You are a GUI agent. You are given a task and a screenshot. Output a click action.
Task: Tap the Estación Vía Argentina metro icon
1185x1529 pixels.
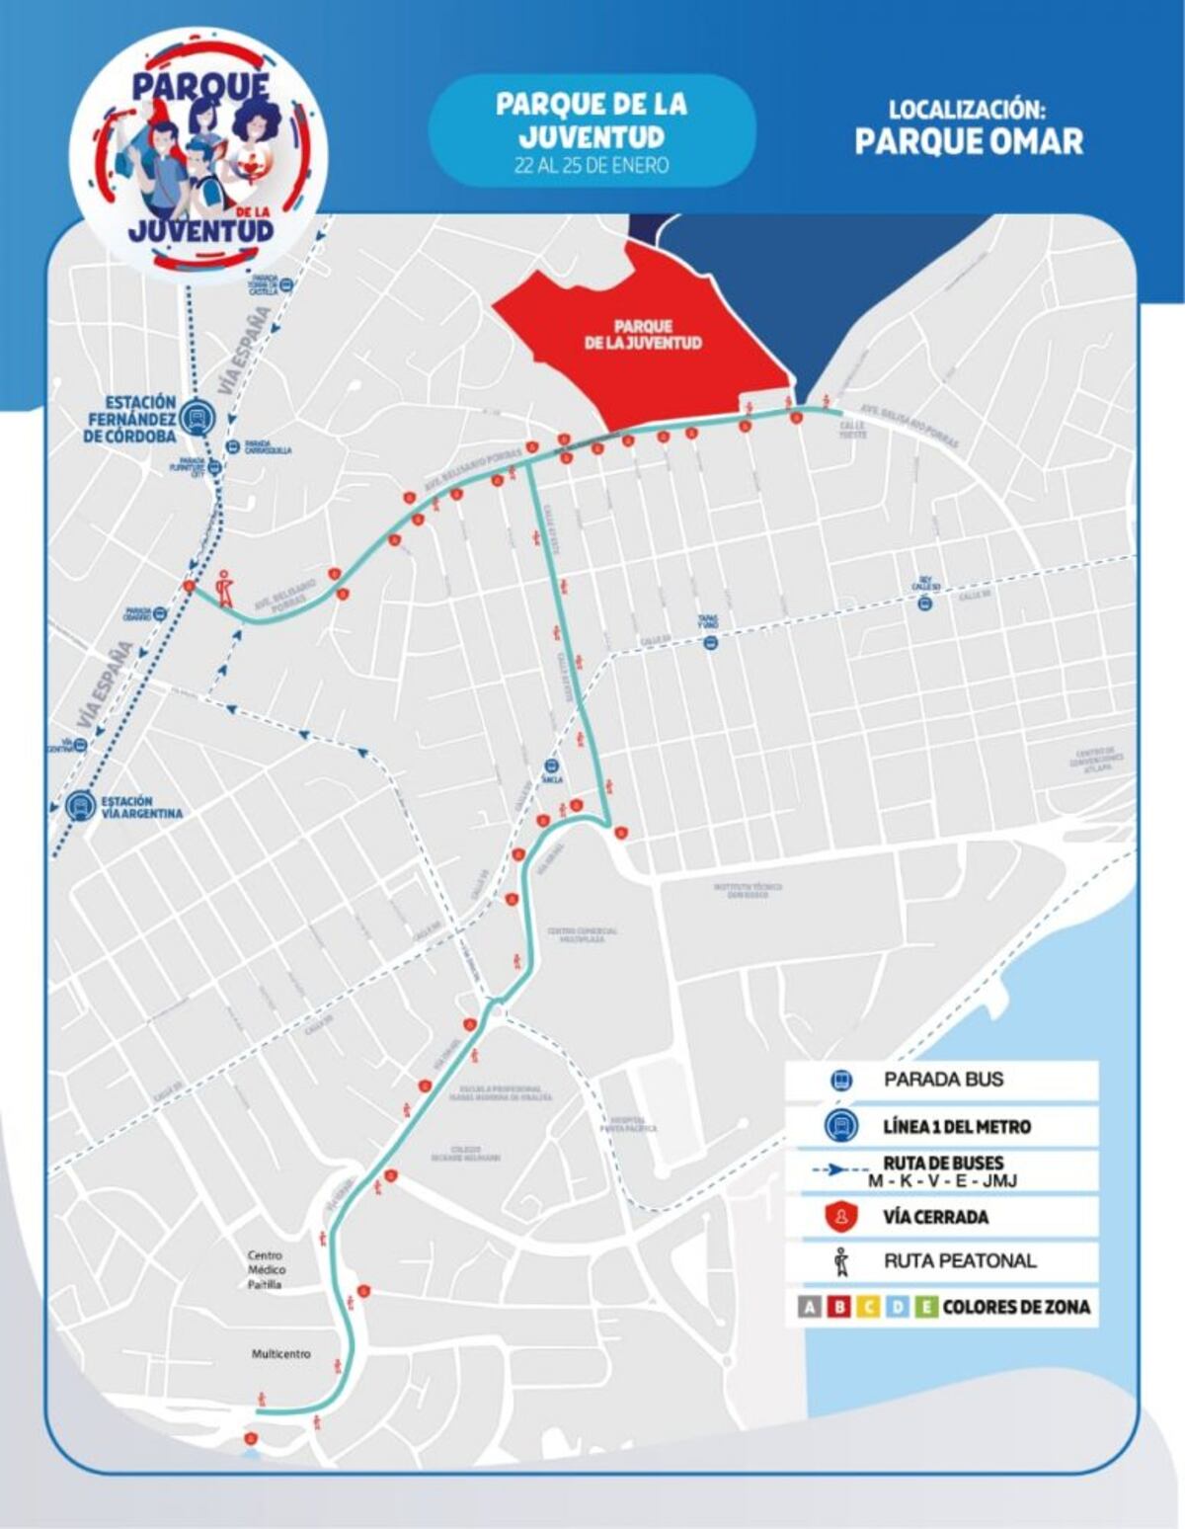(x=79, y=807)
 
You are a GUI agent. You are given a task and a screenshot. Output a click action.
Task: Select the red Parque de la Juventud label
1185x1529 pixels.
(x=642, y=334)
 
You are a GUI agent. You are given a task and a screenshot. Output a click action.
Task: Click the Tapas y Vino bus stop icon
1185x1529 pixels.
(x=709, y=644)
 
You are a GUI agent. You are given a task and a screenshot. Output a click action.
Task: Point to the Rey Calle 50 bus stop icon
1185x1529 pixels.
(x=925, y=603)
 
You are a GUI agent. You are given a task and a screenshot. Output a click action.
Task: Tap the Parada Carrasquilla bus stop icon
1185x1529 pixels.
(x=230, y=446)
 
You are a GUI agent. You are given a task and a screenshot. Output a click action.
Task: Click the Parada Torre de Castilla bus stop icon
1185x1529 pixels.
(x=286, y=285)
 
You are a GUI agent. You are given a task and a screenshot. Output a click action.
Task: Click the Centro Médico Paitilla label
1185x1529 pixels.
(x=265, y=1269)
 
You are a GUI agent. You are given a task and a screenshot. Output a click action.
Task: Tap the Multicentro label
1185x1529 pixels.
(x=281, y=1354)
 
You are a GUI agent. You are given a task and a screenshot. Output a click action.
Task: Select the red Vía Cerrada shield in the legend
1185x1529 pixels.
(x=840, y=1217)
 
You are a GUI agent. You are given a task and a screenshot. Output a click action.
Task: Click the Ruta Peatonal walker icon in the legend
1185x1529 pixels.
(x=840, y=1261)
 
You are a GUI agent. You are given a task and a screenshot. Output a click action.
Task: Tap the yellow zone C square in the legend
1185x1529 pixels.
(x=869, y=1308)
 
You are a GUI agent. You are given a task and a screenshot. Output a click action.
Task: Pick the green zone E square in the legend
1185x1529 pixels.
(x=926, y=1308)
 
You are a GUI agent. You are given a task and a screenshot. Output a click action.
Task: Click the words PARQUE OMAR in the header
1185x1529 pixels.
(x=969, y=141)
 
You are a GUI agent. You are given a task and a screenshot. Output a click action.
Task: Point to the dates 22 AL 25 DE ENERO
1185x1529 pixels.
(x=592, y=165)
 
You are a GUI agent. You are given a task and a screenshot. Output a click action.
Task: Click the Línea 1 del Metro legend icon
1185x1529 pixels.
(x=840, y=1126)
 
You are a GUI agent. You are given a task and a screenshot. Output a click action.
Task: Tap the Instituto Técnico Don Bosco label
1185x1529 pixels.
(x=748, y=890)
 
